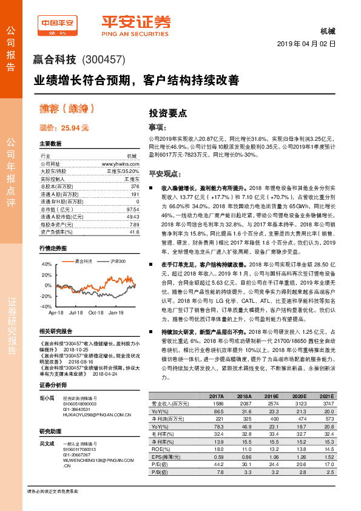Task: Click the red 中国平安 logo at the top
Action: [58, 24]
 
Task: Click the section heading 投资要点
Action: [168, 113]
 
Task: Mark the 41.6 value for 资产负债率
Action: [133, 232]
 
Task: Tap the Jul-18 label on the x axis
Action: [76, 313]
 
